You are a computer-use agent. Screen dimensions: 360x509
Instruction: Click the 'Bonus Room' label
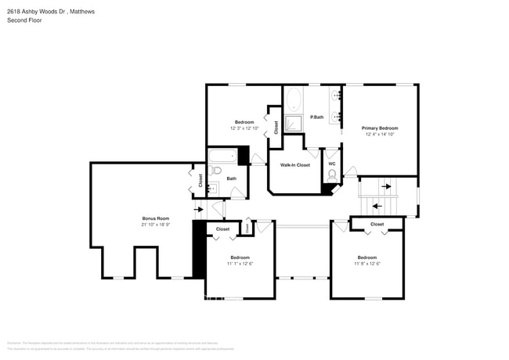pos(155,218)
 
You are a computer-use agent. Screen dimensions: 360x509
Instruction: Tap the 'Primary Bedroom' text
pos(380,128)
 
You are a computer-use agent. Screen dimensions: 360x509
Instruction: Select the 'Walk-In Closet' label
pos(295,165)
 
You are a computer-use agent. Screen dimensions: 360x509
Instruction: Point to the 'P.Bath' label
pos(317,117)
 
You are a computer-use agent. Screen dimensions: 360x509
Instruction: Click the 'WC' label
pos(332,164)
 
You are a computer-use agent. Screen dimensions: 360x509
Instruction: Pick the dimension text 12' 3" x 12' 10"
pos(244,128)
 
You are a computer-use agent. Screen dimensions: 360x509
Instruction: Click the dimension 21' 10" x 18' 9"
pos(155,225)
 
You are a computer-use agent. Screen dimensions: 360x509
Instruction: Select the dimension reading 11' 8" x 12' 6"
pos(367,264)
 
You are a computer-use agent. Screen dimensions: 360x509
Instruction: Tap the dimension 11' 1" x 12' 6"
pos(240,264)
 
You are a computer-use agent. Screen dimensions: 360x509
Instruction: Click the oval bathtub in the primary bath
pos(294,99)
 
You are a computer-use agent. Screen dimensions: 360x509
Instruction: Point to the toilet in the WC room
pos(332,176)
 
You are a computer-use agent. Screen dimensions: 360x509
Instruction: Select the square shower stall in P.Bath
pos(294,124)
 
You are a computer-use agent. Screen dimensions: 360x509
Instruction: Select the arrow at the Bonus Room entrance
pos(198,209)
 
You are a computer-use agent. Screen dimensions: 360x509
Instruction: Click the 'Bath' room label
pos(232,178)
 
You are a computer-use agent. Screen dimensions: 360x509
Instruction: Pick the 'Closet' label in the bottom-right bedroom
pos(377,225)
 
